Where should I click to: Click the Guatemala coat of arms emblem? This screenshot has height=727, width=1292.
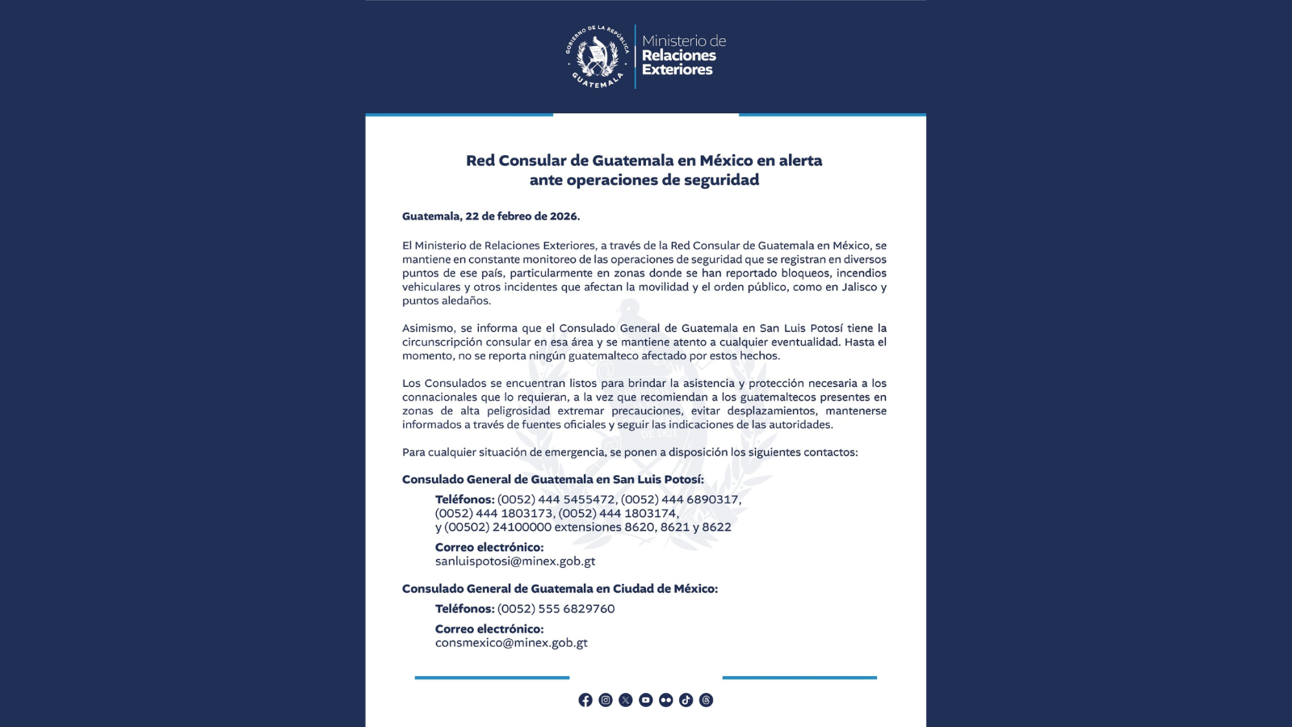point(598,57)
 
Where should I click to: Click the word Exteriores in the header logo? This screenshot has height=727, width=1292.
point(677,70)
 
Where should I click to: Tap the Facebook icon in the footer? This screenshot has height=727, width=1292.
point(585,700)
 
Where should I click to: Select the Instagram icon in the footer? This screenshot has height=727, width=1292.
point(606,700)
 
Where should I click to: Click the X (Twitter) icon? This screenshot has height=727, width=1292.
point(626,700)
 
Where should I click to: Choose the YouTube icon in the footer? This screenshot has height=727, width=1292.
point(646,700)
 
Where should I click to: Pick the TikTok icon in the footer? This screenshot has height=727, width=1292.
point(686,700)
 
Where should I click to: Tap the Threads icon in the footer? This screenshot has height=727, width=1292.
point(706,700)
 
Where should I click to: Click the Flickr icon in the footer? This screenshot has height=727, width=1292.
point(665,700)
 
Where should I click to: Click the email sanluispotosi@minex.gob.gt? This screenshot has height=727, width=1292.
point(515,561)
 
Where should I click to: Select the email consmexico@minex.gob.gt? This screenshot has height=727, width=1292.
point(511,643)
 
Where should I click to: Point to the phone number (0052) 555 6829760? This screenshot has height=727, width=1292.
point(556,609)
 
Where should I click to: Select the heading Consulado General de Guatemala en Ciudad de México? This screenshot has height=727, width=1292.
point(560,589)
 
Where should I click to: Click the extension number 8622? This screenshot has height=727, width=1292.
point(716,527)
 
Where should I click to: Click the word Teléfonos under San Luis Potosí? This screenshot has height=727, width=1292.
point(464,500)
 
